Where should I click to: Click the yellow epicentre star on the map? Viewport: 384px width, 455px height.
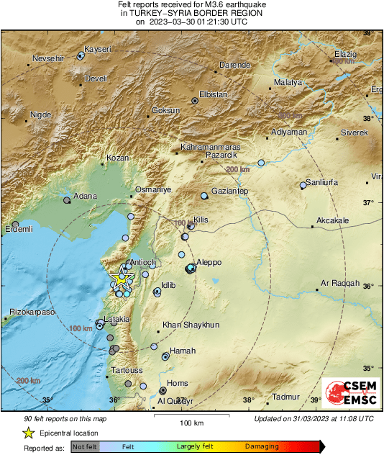[x=121, y=277]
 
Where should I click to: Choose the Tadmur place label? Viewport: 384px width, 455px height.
[x=285, y=397]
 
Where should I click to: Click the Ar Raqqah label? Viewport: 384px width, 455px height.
[x=339, y=283]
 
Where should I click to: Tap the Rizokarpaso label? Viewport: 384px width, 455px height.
[x=32, y=312]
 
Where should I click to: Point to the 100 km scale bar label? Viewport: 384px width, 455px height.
[x=191, y=422]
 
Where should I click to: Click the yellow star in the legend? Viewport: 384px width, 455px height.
[x=28, y=433]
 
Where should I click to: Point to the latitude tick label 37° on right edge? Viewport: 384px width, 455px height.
[x=367, y=202]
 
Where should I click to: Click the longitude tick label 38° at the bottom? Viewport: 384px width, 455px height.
[x=248, y=400]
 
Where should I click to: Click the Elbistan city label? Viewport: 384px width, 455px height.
[x=213, y=94]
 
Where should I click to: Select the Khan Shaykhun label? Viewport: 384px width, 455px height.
[x=191, y=325]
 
